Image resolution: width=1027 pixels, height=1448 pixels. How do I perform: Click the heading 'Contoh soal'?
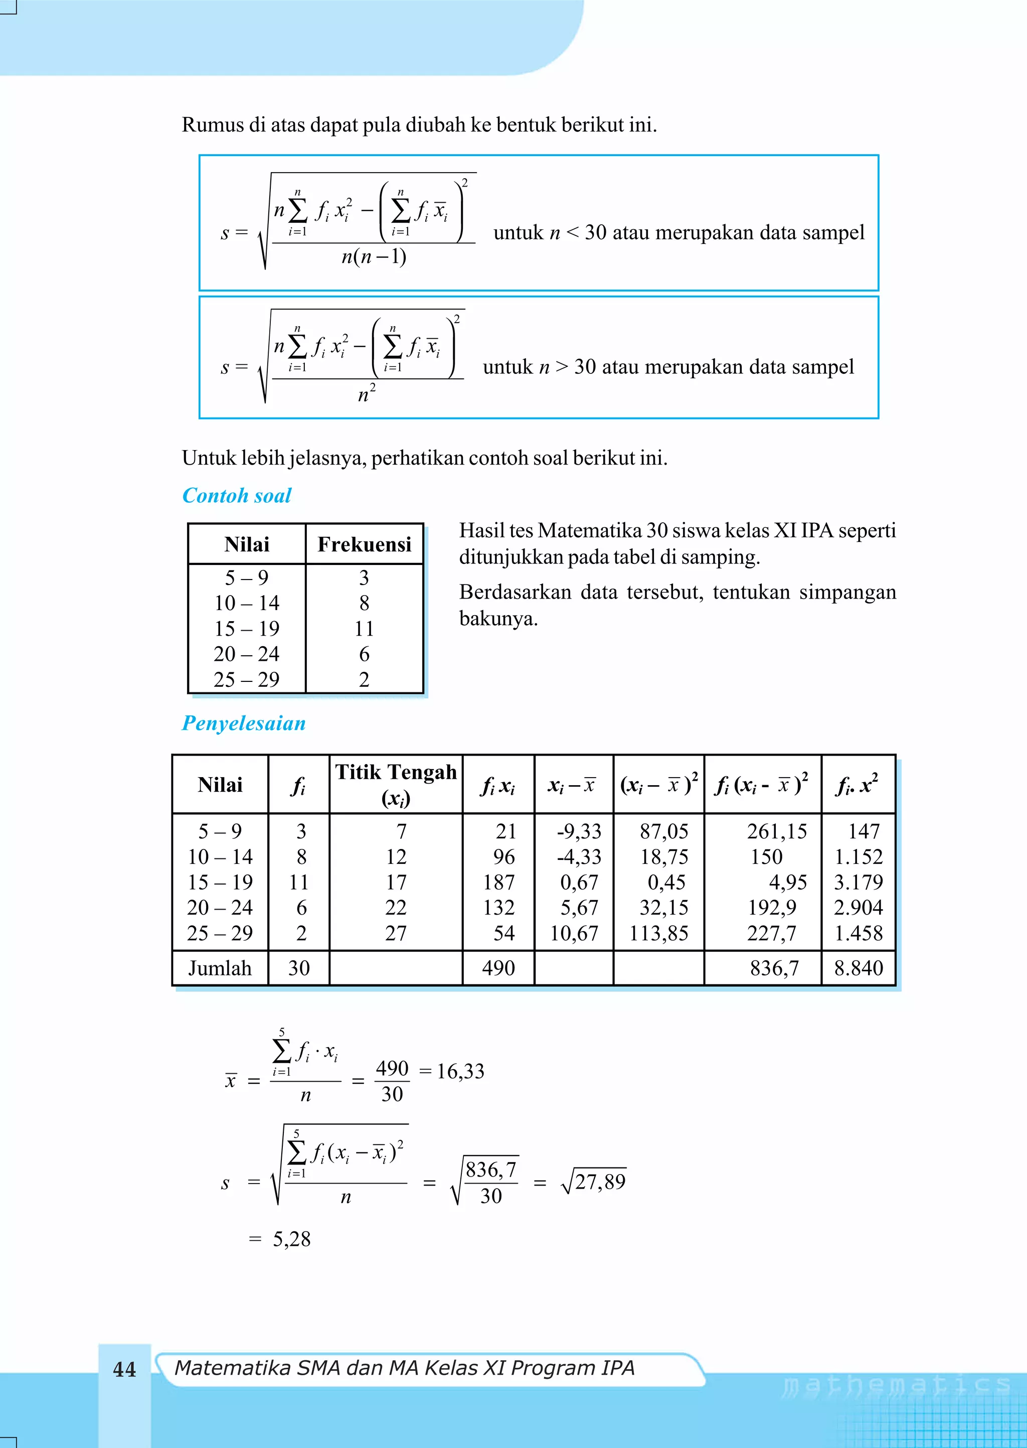pyautogui.click(x=237, y=495)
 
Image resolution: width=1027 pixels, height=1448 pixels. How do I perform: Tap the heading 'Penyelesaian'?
pyautogui.click(x=244, y=723)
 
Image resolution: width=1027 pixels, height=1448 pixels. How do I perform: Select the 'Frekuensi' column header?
pyautogui.click(x=364, y=544)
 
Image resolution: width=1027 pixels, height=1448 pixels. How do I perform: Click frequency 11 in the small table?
pyautogui.click(x=364, y=628)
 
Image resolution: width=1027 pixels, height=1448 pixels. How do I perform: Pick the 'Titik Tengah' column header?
pyautogui.click(x=396, y=772)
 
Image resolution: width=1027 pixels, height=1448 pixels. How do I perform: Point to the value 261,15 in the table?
pyautogui.click(x=777, y=831)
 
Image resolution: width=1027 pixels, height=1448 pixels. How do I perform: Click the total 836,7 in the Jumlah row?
pyautogui.click(x=774, y=968)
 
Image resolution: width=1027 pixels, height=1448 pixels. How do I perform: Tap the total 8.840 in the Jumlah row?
pyautogui.click(x=858, y=968)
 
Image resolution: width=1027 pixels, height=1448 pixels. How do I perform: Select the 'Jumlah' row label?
pyautogui.click(x=220, y=968)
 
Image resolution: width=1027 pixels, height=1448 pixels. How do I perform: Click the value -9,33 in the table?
pyautogui.click(x=579, y=831)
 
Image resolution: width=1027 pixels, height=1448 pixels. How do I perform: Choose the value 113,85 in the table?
pyautogui.click(x=658, y=933)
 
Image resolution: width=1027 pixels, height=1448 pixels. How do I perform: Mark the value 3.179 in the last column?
pyautogui.click(x=858, y=882)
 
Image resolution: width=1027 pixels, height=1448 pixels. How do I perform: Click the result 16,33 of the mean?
pyautogui.click(x=460, y=1071)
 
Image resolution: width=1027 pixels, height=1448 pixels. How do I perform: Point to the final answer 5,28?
pyautogui.click(x=291, y=1239)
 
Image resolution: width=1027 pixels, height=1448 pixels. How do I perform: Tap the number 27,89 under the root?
pyautogui.click(x=600, y=1182)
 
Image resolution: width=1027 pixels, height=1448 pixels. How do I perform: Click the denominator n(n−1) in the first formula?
pyautogui.click(x=374, y=257)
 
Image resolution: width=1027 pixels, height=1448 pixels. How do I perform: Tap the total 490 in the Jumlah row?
pyautogui.click(x=498, y=968)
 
